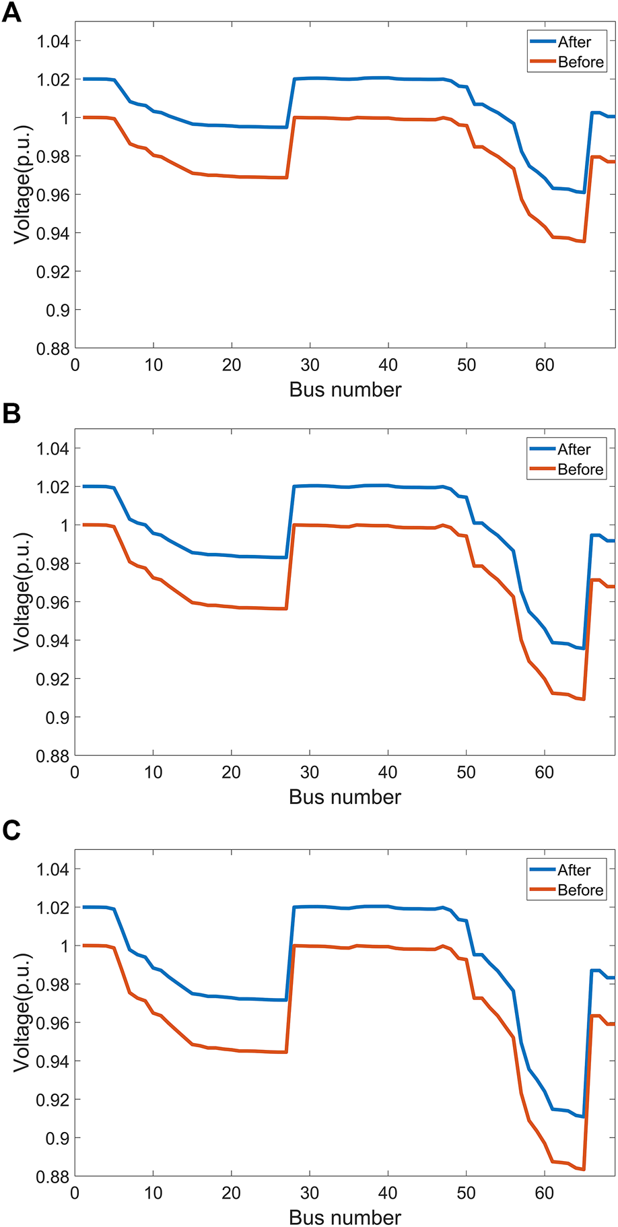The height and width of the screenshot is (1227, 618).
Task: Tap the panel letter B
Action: pos(11,413)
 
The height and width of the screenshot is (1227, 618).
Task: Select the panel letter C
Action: pos(11,830)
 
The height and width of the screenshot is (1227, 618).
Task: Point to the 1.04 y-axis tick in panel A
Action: pos(53,42)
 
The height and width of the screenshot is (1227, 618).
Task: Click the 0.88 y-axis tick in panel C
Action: pos(53,1176)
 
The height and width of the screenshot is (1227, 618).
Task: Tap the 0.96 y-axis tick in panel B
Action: pos(53,602)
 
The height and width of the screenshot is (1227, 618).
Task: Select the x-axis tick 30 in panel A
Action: pos(310,365)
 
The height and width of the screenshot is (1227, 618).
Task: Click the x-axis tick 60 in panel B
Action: pos(544,772)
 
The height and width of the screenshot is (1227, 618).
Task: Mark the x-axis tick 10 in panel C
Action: pos(153,1193)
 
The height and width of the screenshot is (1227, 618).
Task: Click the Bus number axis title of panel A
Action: pos(345,389)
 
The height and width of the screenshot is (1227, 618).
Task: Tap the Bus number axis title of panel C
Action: pos(345,1218)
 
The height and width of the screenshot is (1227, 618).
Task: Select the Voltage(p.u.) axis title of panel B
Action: pos(22,592)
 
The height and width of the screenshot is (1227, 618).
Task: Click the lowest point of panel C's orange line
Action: pos(584,1169)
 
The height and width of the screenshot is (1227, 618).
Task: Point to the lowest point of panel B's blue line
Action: pos(584,649)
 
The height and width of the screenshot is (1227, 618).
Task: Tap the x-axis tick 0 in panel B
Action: pos(75,772)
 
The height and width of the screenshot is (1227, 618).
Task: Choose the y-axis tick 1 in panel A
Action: pos(65,119)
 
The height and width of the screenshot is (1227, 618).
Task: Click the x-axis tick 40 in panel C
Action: pos(388,1193)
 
